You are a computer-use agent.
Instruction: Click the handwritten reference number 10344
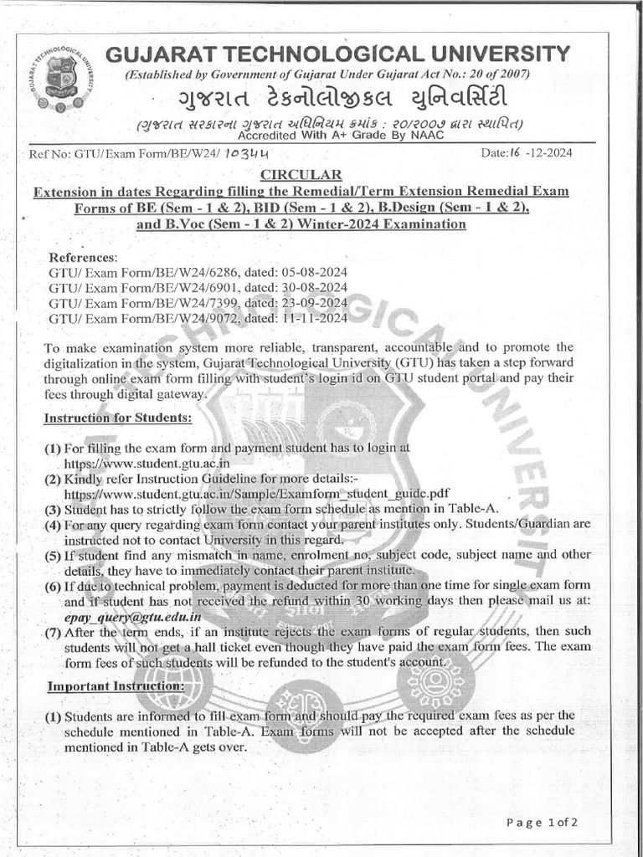pyautogui.click(x=238, y=155)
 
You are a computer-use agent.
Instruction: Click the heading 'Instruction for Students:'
pyautogui.click(x=118, y=417)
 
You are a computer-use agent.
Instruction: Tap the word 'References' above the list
pyautogui.click(x=83, y=257)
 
